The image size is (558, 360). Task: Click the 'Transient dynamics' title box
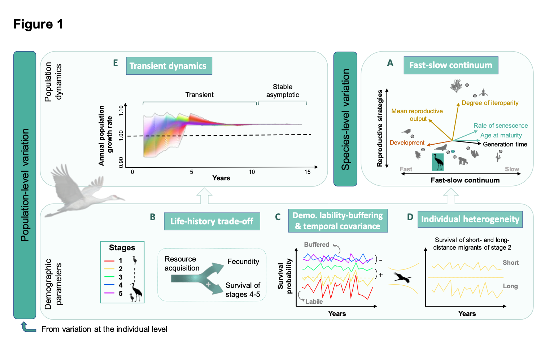169,66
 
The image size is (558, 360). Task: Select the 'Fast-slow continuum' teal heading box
450,65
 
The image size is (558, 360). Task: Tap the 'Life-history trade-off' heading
212,221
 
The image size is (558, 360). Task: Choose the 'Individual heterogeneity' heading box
470,219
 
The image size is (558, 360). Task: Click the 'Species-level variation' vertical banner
345,119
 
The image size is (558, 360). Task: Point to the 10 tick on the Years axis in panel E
252,172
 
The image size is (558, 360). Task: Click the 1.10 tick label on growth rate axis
121,110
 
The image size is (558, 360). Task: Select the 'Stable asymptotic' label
283,91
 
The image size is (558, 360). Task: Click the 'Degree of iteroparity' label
490,103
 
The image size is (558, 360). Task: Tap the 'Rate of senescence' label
501,126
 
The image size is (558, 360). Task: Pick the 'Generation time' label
505,144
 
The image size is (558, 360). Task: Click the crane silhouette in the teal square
438,162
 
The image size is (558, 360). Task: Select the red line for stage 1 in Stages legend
109,260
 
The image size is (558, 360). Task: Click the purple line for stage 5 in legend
109,293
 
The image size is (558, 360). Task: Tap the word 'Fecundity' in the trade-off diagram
243,262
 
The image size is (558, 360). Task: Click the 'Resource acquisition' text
182,263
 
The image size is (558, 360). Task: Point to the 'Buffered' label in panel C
317,245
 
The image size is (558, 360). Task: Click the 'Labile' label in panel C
314,302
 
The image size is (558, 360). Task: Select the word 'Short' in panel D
511,263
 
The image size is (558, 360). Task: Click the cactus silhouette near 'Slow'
498,157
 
